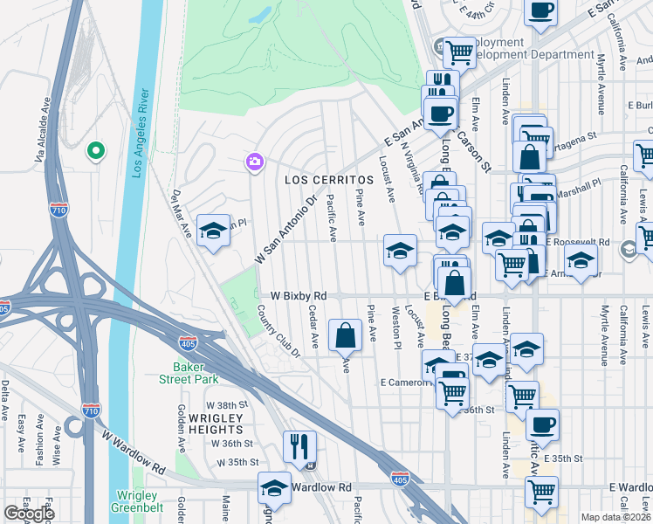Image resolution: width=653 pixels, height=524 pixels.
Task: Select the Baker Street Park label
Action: pyautogui.click(x=189, y=373)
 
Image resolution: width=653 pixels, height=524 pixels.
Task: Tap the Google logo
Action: pyautogui.click(x=29, y=514)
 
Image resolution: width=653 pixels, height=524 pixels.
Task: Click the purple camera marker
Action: pyautogui.click(x=254, y=161)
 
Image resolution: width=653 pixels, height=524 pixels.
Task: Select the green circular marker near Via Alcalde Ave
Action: pyautogui.click(x=95, y=150)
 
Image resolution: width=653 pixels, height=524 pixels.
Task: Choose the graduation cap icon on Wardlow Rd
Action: pyautogui.click(x=274, y=488)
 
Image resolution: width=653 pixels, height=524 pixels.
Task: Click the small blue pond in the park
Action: pyautogui.click(x=259, y=17)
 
